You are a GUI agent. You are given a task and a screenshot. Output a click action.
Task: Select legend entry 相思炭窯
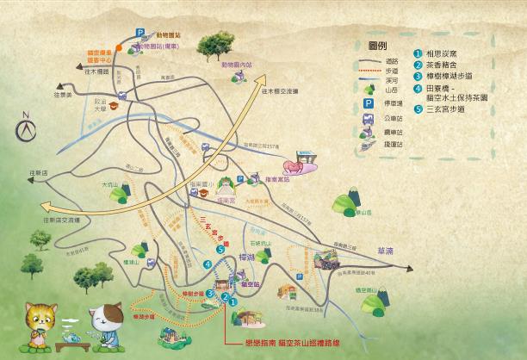(448, 53)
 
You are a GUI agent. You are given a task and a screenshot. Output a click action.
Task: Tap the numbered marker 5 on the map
(221, 251)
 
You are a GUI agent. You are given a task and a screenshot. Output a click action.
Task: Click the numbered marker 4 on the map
(208, 264)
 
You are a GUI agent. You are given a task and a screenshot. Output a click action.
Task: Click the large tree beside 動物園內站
(209, 43)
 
